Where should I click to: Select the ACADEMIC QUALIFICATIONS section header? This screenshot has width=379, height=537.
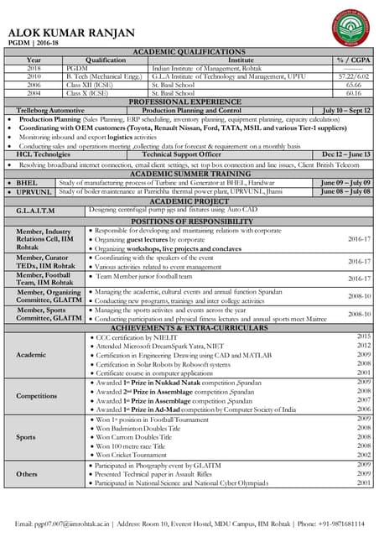(x=189, y=52)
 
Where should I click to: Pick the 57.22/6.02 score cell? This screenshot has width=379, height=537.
(x=352, y=76)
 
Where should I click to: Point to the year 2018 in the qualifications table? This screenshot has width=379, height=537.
(x=34, y=68)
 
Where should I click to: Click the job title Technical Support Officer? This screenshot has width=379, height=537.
(x=181, y=154)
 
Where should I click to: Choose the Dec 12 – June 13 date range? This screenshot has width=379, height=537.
(x=346, y=154)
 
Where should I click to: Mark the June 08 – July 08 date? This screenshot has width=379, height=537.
(x=346, y=191)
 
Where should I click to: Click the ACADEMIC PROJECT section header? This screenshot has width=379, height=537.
(x=189, y=201)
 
